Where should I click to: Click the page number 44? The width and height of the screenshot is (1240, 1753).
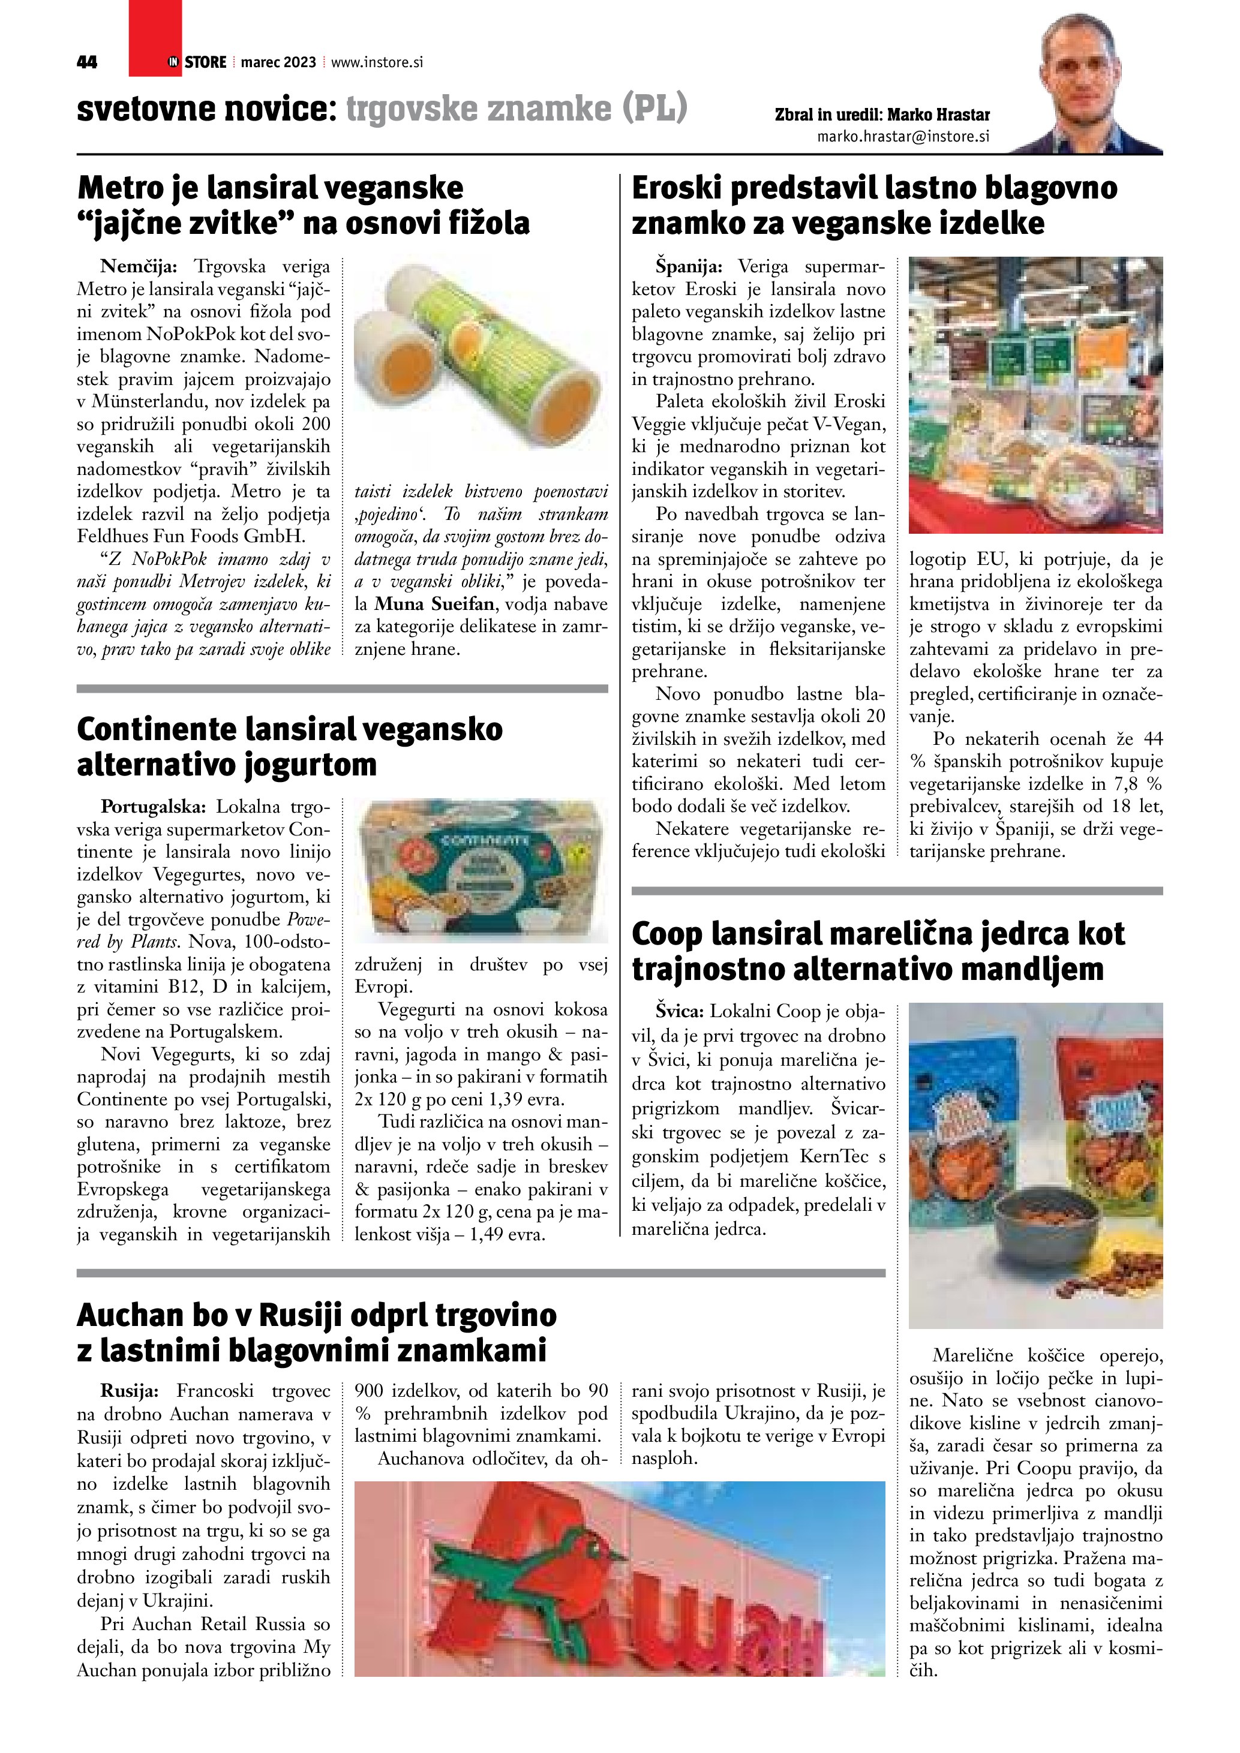click(87, 62)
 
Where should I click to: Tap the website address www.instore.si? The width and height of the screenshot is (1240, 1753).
click(377, 62)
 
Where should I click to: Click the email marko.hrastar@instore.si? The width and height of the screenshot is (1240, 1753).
click(903, 137)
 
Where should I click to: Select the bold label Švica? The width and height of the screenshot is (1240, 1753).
click(680, 1012)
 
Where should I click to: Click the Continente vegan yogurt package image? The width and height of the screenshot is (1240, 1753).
click(481, 870)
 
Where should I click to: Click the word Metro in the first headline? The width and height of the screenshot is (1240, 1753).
click(118, 188)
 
